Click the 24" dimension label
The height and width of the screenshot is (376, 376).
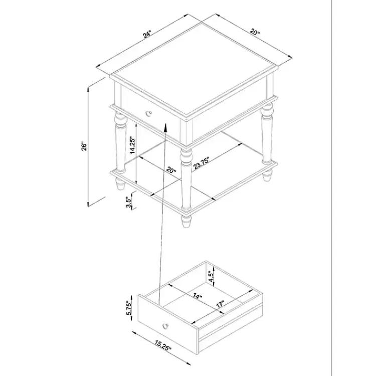pyautogui.click(x=147, y=34)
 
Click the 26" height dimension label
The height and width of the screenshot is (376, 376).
pyautogui.click(x=84, y=146)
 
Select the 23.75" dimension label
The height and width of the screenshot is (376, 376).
pyautogui.click(x=202, y=163)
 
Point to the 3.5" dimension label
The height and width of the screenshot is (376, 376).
pyautogui.click(x=129, y=203)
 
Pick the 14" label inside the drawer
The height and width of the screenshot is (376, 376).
pyautogui.click(x=198, y=296)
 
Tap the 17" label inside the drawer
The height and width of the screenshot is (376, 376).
pyautogui.click(x=221, y=304)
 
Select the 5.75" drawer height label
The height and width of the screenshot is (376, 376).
pyautogui.click(x=129, y=308)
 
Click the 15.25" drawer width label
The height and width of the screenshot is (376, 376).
pyautogui.click(x=163, y=345)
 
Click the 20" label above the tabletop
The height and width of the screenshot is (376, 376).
pyautogui.click(x=255, y=32)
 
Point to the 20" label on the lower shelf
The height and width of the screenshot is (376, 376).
pyautogui.click(x=171, y=170)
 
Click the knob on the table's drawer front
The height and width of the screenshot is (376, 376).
pyautogui.click(x=149, y=113)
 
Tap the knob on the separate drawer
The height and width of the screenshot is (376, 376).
pyautogui.click(x=165, y=326)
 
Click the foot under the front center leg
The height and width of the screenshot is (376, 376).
pyautogui.click(x=186, y=221)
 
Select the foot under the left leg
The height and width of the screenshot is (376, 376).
pyautogui.click(x=121, y=184)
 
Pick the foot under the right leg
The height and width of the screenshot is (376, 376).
pyautogui.click(x=267, y=175)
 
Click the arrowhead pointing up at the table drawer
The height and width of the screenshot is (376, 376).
pyautogui.click(x=165, y=127)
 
